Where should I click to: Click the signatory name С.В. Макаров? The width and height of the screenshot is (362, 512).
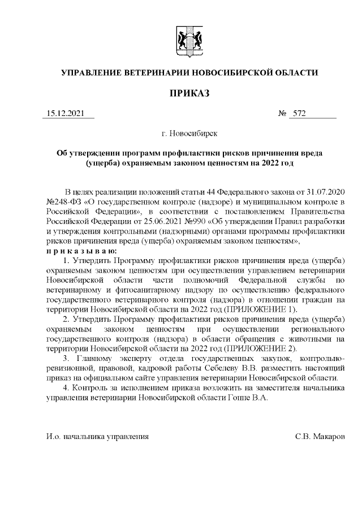pyautogui.click(x=320, y=436)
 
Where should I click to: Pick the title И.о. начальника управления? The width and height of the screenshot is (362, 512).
pyautogui.click(x=98, y=436)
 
